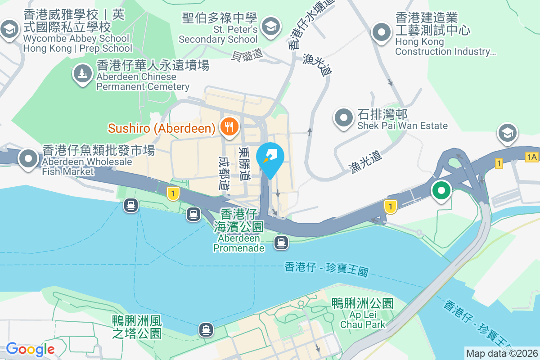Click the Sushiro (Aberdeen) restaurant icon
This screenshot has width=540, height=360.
(x=229, y=127)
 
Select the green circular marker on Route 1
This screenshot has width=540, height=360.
(x=441, y=190)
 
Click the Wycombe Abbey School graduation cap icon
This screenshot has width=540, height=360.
(x=9, y=30)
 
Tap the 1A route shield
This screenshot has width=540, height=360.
(x=531, y=157)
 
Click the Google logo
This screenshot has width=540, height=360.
(x=30, y=349)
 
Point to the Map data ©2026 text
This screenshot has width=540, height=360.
(x=502, y=353)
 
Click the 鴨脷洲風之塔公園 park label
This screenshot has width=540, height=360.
(x=137, y=327)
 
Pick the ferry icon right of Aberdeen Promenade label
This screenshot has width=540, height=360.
(x=281, y=243)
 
